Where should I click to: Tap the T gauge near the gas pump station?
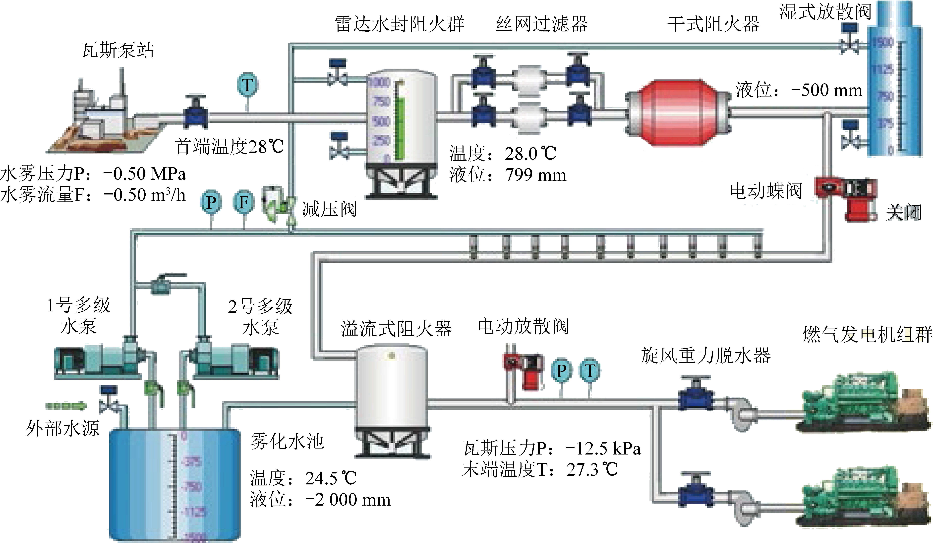tap(247, 85)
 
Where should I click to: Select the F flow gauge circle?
tap(243, 202)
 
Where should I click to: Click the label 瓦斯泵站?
tap(118, 50)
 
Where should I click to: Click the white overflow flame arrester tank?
tap(391, 393)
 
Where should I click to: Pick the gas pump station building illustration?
tap(104, 119)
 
